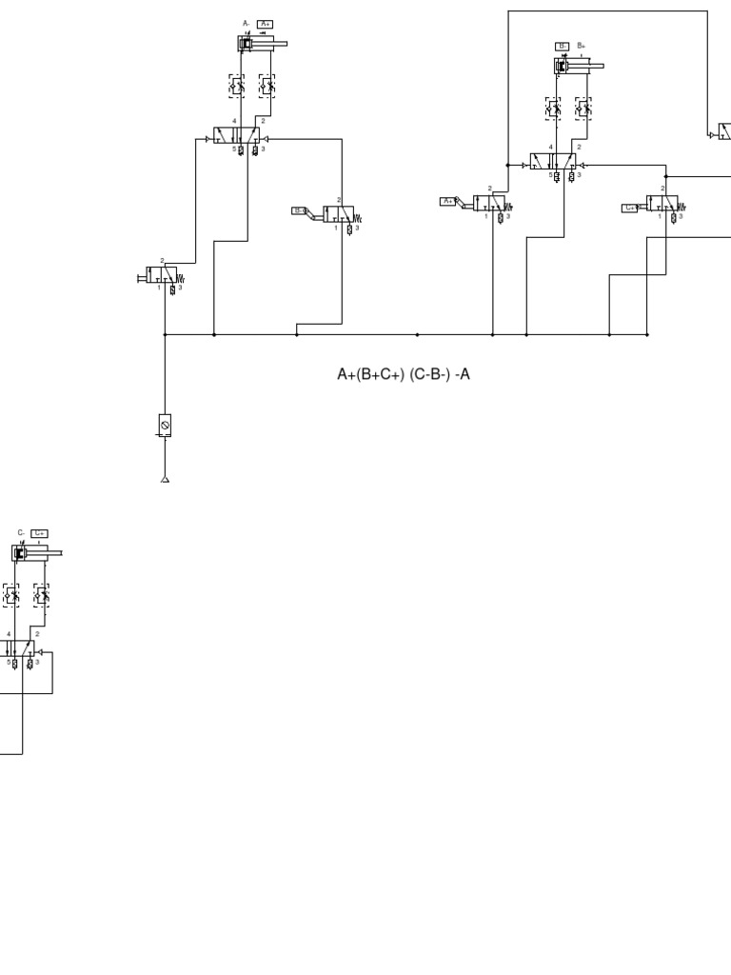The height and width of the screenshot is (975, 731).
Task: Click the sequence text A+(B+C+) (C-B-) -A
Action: [404, 374]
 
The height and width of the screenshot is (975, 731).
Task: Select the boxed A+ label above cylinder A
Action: [266, 24]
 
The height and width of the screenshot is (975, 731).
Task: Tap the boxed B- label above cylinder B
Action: [562, 46]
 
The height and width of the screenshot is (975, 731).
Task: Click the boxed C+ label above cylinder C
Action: [39, 533]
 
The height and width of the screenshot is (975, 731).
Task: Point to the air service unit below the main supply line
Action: [165, 425]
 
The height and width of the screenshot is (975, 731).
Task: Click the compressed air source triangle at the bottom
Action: [165, 479]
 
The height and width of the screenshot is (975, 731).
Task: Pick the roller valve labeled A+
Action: [489, 203]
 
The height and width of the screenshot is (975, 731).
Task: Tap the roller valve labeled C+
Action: [662, 203]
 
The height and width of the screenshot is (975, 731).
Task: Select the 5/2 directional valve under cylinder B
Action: [553, 162]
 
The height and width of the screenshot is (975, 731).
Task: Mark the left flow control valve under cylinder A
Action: [236, 86]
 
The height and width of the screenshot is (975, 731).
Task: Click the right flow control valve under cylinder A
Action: [267, 86]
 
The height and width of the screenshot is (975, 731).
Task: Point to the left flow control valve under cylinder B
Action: [552, 109]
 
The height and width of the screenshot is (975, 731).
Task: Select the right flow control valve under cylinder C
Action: [41, 595]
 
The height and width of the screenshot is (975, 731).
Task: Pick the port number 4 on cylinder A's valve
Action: [234, 121]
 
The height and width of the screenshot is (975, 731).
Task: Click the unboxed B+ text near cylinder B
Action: [581, 46]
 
